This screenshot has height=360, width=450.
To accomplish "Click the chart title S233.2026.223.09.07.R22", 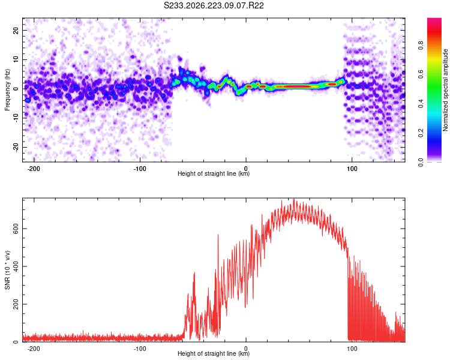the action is coord(214,5).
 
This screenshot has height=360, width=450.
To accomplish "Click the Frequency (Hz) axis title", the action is coord(7,90).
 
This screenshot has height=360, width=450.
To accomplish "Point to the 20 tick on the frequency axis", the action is coord(16,30).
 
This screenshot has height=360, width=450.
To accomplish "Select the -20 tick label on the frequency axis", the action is coord(16,147).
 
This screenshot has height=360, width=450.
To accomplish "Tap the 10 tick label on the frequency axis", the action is coord(16,59).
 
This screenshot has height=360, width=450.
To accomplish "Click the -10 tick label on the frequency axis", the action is coord(16,118).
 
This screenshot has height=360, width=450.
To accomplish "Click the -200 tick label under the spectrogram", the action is coord(34,169).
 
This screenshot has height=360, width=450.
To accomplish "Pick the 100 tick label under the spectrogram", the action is coord(352,169).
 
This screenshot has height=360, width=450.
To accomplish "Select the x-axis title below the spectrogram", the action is coord(214,173).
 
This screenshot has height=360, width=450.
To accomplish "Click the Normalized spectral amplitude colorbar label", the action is coord(445,90).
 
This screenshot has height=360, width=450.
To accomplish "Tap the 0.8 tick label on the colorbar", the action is coord(421,46).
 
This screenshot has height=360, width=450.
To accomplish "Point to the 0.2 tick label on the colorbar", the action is coord(421,133).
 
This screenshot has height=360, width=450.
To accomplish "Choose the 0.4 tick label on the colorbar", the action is coord(421,104).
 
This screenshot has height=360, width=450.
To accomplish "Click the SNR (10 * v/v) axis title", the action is coord(7,270).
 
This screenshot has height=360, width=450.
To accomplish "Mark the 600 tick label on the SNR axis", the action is coord(16,229).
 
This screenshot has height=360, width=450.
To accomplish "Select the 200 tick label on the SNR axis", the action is coord(16,304).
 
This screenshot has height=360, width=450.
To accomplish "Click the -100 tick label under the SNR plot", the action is coord(140,349).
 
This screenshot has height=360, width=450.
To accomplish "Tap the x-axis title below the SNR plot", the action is coord(214,353).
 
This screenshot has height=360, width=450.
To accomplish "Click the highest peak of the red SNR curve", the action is coord(293,199).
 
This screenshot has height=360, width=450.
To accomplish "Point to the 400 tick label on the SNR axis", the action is coord(16,266).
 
